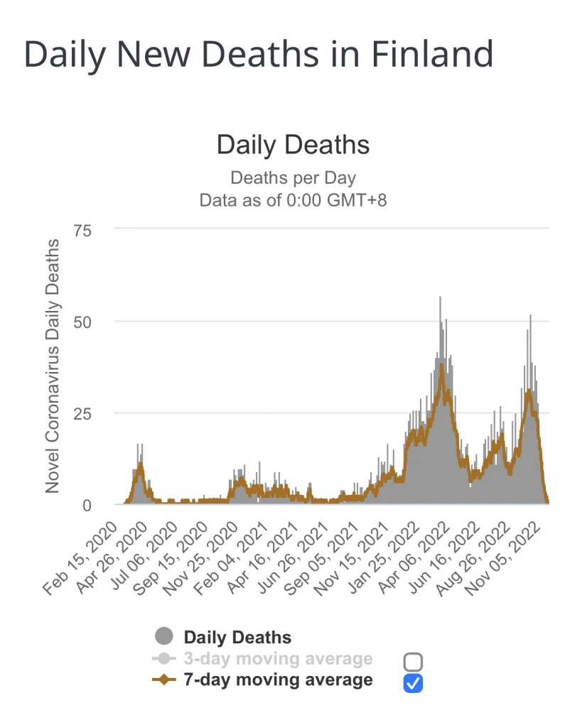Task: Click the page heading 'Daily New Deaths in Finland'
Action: (x=259, y=55)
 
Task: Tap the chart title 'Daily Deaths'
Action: (x=293, y=145)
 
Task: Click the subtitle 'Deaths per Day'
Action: (x=293, y=177)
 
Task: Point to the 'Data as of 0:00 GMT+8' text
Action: (x=293, y=200)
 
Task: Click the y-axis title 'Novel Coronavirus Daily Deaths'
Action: (x=52, y=366)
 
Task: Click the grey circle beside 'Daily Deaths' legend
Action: (x=163, y=638)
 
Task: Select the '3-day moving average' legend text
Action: (x=278, y=659)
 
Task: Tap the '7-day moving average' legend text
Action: (x=278, y=680)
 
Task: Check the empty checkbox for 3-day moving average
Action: (x=413, y=662)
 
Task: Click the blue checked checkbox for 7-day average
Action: (x=413, y=683)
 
